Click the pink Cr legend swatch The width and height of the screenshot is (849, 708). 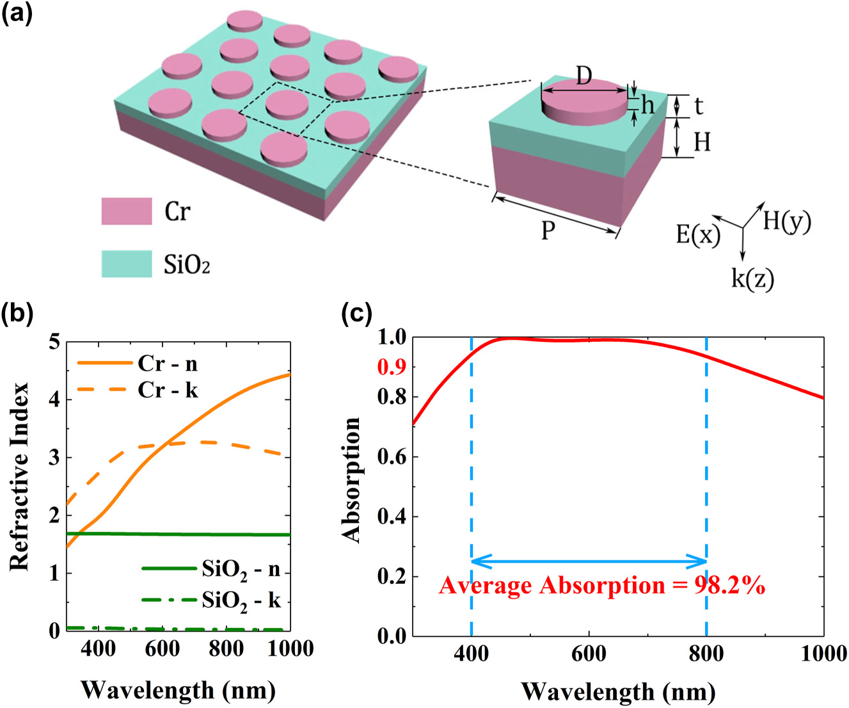pos(127,211)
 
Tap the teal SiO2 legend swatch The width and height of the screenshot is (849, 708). pos(127,264)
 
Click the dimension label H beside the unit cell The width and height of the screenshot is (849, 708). pos(702,141)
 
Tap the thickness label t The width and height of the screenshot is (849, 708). pos(698,106)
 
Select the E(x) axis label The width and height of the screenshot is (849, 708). pos(697,235)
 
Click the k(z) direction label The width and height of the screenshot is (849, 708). pos(752,278)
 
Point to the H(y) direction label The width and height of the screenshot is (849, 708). pos(786,222)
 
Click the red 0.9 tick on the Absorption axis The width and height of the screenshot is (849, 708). pos(391,367)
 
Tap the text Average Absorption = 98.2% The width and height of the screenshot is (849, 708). pos(601,586)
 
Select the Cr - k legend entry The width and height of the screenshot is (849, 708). pos(168,390)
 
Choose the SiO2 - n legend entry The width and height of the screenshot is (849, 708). pos(241,569)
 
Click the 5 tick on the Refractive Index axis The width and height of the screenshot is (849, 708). pos(54,342)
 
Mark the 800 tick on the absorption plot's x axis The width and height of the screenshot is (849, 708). pos(706,654)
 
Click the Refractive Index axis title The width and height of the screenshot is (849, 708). pos(20,476)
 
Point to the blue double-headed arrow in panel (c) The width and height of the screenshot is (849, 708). pos(589,562)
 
